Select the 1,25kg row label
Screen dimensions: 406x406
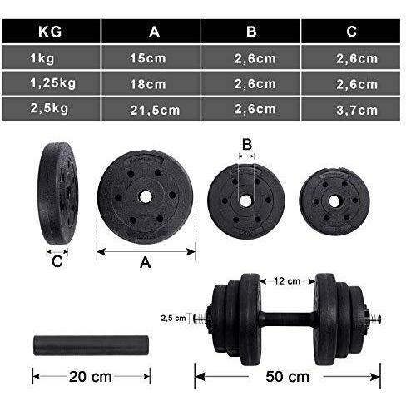pyautogui.click(x=49, y=83)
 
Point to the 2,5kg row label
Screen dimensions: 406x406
pyautogui.click(x=49, y=109)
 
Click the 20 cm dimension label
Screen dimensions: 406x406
pyautogui.click(x=91, y=376)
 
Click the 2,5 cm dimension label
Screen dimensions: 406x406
pyautogui.click(x=172, y=318)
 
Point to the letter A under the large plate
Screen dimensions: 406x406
pyautogui.click(x=145, y=262)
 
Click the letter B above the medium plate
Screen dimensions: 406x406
pyautogui.click(x=246, y=144)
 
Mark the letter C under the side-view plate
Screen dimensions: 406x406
pyautogui.click(x=57, y=262)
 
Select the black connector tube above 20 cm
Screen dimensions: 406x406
pyautogui.click(x=90, y=344)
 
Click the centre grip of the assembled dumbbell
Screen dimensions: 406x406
pyautogui.click(x=291, y=317)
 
